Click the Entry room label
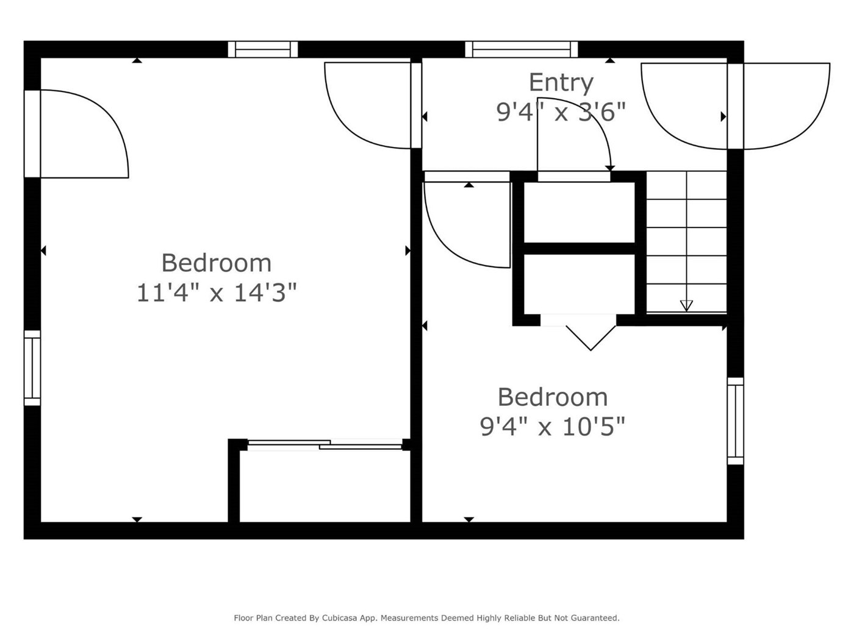561,83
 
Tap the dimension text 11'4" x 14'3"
217,293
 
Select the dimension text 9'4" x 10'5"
553,427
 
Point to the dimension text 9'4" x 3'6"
561,112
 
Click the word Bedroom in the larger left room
217,263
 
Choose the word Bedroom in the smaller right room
553,397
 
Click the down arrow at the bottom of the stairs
686,305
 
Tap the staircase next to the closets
686,242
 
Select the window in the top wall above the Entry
522,49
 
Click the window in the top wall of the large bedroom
263,49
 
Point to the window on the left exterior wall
32,368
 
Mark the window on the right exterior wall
735,421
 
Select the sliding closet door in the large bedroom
325,444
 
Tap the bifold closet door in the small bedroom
590,338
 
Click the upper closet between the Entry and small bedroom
579,212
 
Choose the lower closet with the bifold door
579,285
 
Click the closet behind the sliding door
325,486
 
